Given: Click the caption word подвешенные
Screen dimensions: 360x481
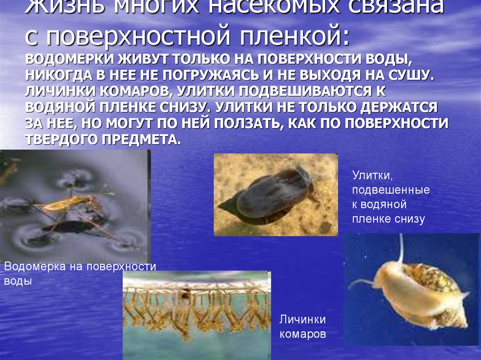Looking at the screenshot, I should click(391, 190).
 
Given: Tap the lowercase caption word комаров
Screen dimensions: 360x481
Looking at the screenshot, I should click(303, 335).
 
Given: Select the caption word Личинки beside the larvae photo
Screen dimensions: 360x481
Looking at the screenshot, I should click(303, 320).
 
